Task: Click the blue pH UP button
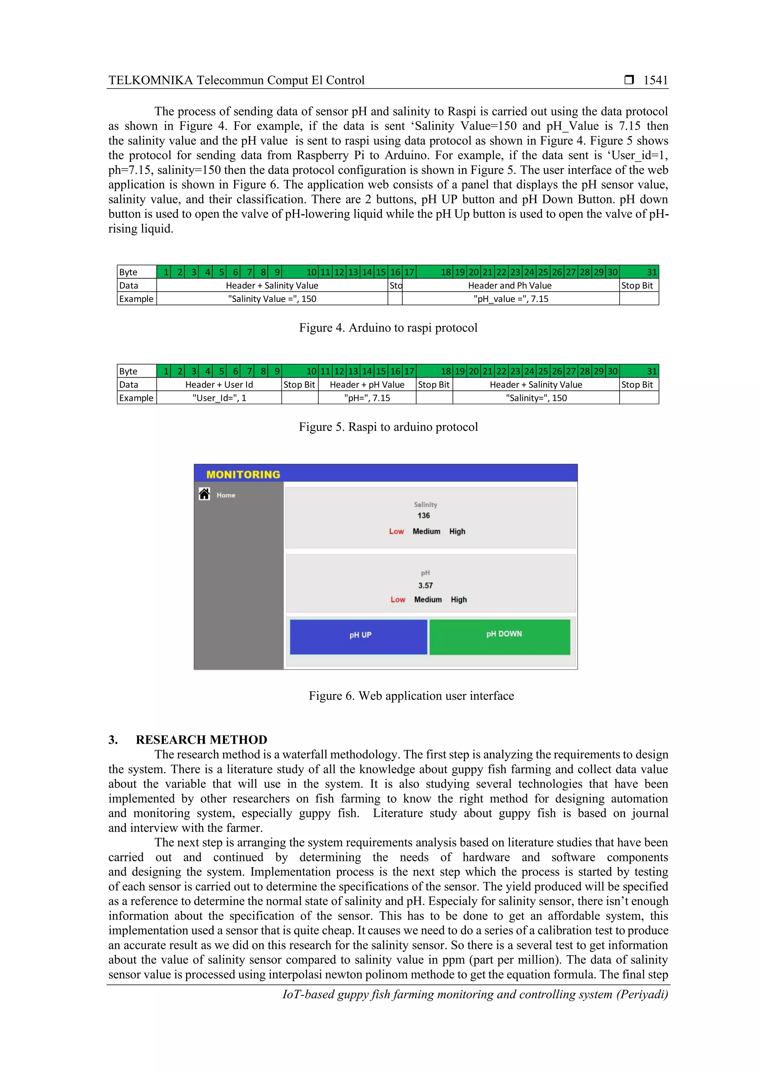tap(358, 636)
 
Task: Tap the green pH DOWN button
tap(500, 636)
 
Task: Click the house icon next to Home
tap(204, 494)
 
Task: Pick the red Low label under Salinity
tap(396, 531)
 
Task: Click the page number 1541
tap(655, 80)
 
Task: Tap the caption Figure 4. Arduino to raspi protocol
tap(388, 328)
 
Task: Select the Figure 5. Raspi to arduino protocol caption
tap(388, 427)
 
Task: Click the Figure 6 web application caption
tap(411, 696)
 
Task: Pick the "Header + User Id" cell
tap(219, 385)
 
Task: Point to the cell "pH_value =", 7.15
tap(510, 299)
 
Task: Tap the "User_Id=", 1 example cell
tap(219, 398)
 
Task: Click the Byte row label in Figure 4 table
tap(129, 272)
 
